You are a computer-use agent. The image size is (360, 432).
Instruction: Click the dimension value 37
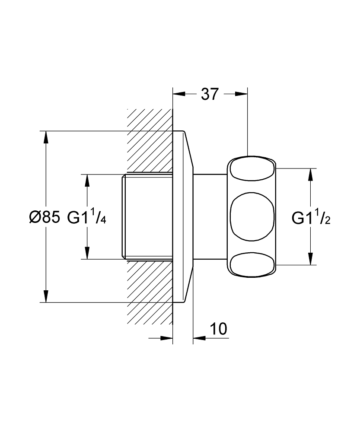tap(210, 94)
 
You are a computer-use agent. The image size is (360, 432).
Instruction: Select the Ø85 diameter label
tap(44, 217)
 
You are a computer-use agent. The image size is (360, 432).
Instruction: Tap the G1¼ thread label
tap(86, 217)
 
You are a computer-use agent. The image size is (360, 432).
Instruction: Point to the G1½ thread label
tap(311, 217)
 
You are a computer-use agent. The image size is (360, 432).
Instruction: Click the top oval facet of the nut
tap(252, 170)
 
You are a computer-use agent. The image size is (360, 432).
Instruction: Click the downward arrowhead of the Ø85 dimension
tap(46, 297)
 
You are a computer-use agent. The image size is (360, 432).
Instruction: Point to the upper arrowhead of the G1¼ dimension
tap(88, 180)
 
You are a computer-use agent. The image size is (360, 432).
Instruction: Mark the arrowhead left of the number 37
tap(178, 94)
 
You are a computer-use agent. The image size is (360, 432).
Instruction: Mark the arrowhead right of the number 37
tap(242, 94)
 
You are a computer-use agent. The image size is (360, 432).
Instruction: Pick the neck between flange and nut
tap(210, 217)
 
